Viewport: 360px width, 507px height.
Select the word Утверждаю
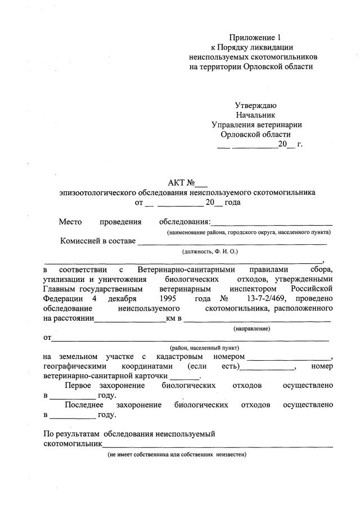pyautogui.click(x=255, y=105)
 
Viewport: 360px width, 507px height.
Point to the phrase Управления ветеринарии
pyautogui.click(x=256, y=124)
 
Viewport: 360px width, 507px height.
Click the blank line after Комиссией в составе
pyautogui.click(x=232, y=243)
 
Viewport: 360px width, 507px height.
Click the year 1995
pyautogui.click(x=169, y=298)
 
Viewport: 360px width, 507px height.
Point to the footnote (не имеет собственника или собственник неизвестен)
pyautogui.click(x=177, y=454)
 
